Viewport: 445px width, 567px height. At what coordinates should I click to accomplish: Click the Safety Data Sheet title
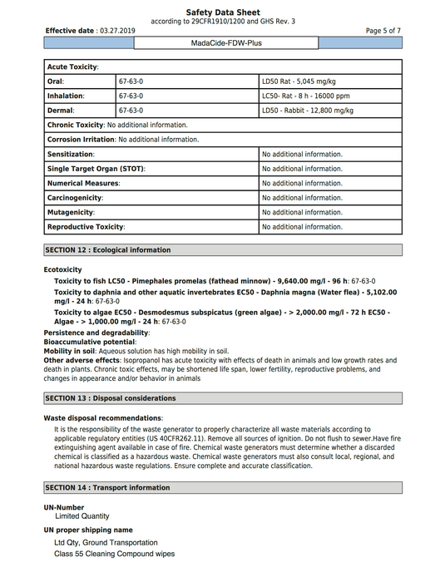click(x=222, y=12)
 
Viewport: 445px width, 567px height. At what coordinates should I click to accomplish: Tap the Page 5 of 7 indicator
click(x=383, y=30)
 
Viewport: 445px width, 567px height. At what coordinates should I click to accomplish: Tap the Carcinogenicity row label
click(x=75, y=198)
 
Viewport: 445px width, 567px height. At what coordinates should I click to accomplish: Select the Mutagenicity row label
click(x=69, y=212)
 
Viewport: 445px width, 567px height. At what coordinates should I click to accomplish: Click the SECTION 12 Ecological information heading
click(x=107, y=249)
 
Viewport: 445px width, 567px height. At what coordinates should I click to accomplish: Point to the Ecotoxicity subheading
click(x=63, y=269)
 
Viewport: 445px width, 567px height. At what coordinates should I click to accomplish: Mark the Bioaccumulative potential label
click(x=90, y=342)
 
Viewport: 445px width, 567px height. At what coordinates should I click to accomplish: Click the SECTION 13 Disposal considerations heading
click(x=110, y=398)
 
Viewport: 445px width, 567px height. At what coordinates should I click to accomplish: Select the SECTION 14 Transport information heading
click(x=106, y=487)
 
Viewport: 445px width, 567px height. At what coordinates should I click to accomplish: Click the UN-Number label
click(x=64, y=507)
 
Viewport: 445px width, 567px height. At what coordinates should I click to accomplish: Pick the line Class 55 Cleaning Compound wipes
click(x=115, y=552)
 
